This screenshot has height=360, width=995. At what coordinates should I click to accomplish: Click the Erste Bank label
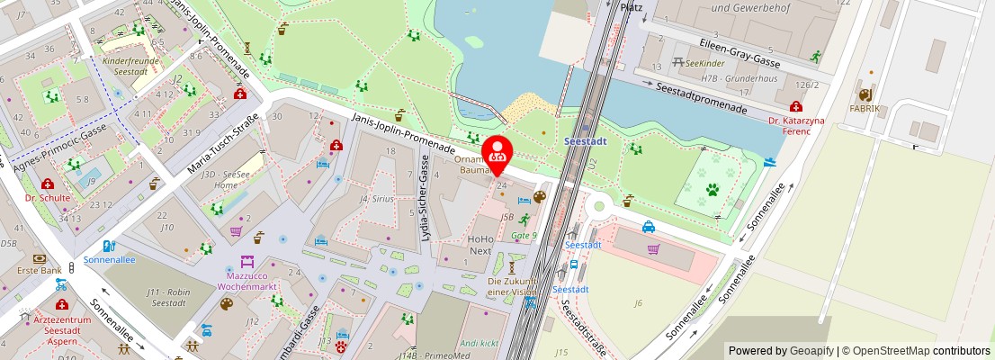coord(39,270)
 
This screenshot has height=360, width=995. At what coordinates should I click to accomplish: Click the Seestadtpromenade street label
coord(702,98)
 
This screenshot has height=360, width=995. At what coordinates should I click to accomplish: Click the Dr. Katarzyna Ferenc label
coord(795,125)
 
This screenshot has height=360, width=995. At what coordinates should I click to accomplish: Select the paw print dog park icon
coord(712,190)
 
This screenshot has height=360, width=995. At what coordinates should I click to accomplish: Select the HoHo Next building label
coord(480,245)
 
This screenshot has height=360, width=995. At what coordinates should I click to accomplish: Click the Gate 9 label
coord(523,236)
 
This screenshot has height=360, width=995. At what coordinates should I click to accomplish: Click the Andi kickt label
coord(478,343)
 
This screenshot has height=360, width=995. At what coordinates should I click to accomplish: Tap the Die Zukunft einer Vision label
coord(512,286)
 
